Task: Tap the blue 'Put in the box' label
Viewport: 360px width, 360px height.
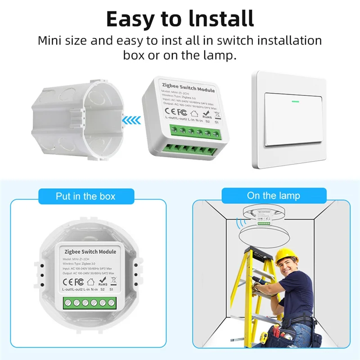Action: [85, 196]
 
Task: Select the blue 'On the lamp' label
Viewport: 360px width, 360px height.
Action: [273, 195]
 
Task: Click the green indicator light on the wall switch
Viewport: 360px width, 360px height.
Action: [295, 101]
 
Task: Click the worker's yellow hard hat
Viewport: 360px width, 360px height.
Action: [287, 256]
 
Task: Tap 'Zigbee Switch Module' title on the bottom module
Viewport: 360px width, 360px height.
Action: [90, 252]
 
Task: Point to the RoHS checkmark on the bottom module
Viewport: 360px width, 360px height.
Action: [103, 281]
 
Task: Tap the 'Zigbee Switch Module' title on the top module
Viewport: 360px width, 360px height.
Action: [188, 87]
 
